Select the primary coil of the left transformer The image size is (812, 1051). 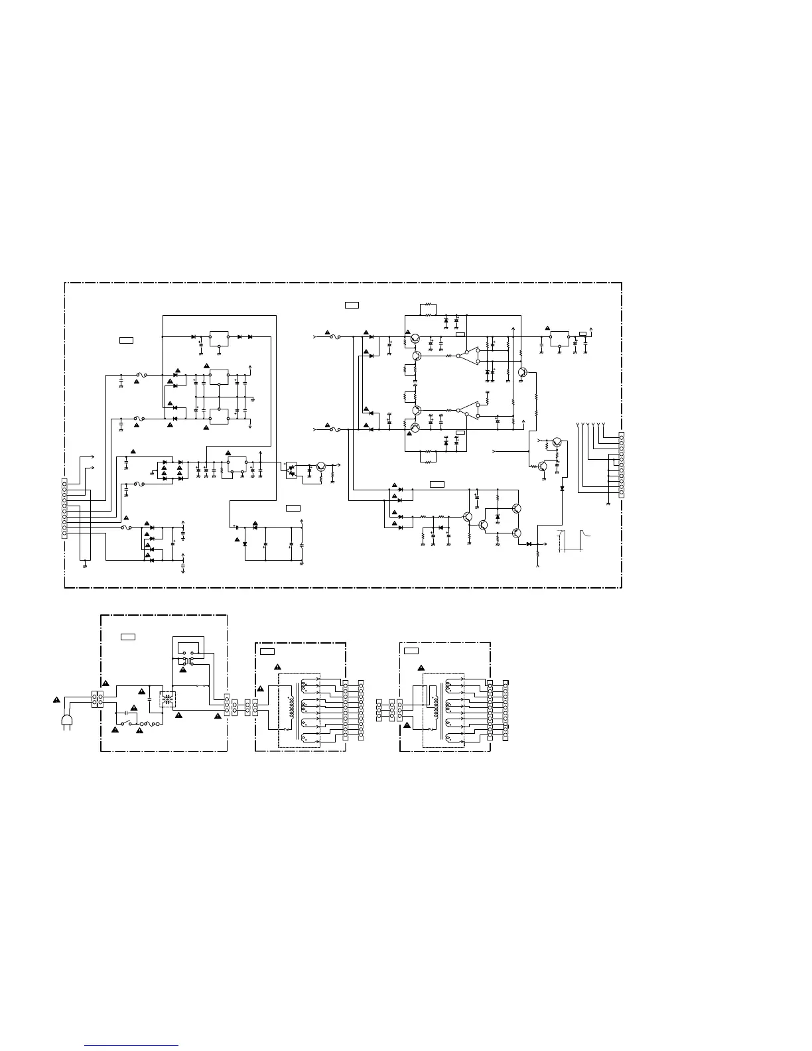pyautogui.click(x=290, y=706)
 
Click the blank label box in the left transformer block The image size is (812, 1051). pyautogui.click(x=267, y=652)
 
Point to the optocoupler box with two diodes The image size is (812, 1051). pyautogui.click(x=291, y=467)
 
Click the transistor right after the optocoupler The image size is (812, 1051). pyautogui.click(x=321, y=467)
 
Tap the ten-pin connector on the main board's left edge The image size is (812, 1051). pyautogui.click(x=64, y=508)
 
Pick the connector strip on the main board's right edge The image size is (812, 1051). pyautogui.click(x=621, y=464)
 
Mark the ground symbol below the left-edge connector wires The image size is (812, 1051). pyautogui.click(x=85, y=565)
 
